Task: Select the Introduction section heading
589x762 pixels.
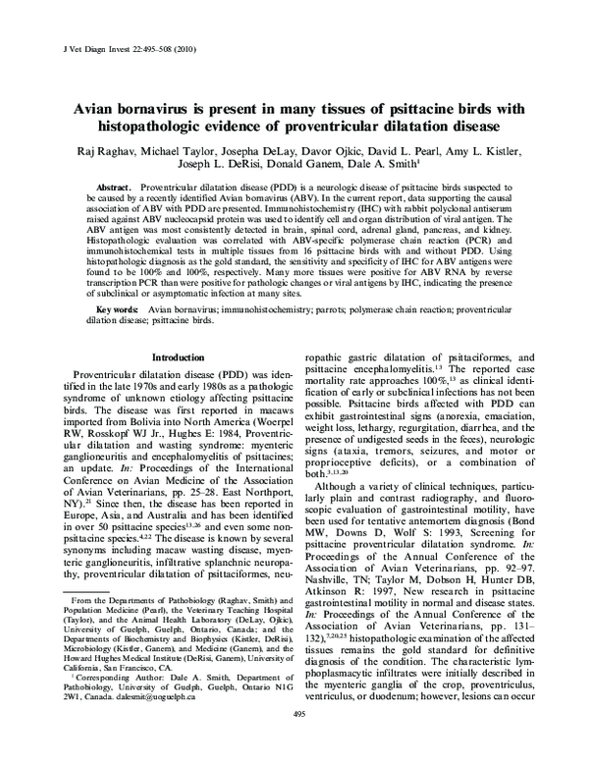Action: (177, 357)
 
